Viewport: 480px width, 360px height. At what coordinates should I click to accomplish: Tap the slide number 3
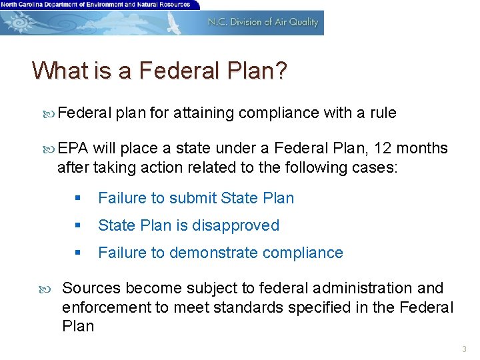(x=465, y=349)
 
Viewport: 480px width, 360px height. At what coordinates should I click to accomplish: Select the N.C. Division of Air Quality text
(x=263, y=22)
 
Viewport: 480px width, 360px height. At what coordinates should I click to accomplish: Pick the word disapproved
(x=236, y=225)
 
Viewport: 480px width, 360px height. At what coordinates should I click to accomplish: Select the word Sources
(x=91, y=288)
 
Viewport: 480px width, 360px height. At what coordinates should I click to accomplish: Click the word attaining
(x=204, y=113)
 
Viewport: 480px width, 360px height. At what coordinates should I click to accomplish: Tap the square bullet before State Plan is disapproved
(x=78, y=226)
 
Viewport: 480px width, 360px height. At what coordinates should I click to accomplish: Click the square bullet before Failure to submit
(x=78, y=199)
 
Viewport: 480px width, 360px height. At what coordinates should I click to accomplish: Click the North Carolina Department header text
(x=96, y=4)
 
